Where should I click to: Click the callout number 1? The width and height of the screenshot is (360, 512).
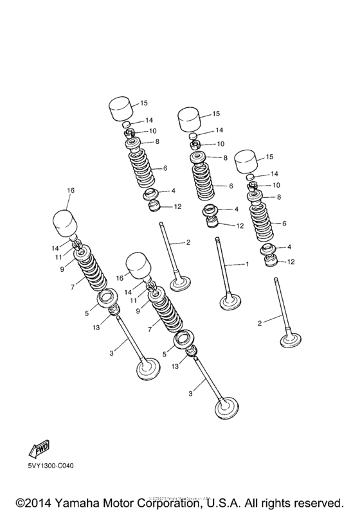[x=245, y=263]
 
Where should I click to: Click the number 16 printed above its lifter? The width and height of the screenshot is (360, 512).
[x=71, y=191]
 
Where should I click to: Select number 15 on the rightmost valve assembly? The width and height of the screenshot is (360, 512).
[x=269, y=156]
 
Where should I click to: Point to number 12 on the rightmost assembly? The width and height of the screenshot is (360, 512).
[x=291, y=261]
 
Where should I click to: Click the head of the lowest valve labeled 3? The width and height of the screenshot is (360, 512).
[x=226, y=409]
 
